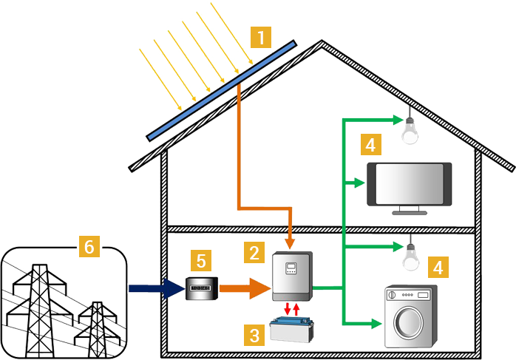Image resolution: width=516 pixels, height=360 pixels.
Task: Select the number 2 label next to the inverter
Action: click(254, 253)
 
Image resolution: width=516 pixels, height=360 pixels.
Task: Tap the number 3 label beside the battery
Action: click(254, 336)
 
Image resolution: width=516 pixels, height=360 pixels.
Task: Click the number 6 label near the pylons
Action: click(87, 247)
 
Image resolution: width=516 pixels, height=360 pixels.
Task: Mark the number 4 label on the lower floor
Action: click(438, 266)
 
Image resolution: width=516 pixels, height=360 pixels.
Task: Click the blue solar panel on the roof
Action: click(222, 89)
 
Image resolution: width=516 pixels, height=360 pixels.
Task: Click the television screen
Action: click(410, 184)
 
